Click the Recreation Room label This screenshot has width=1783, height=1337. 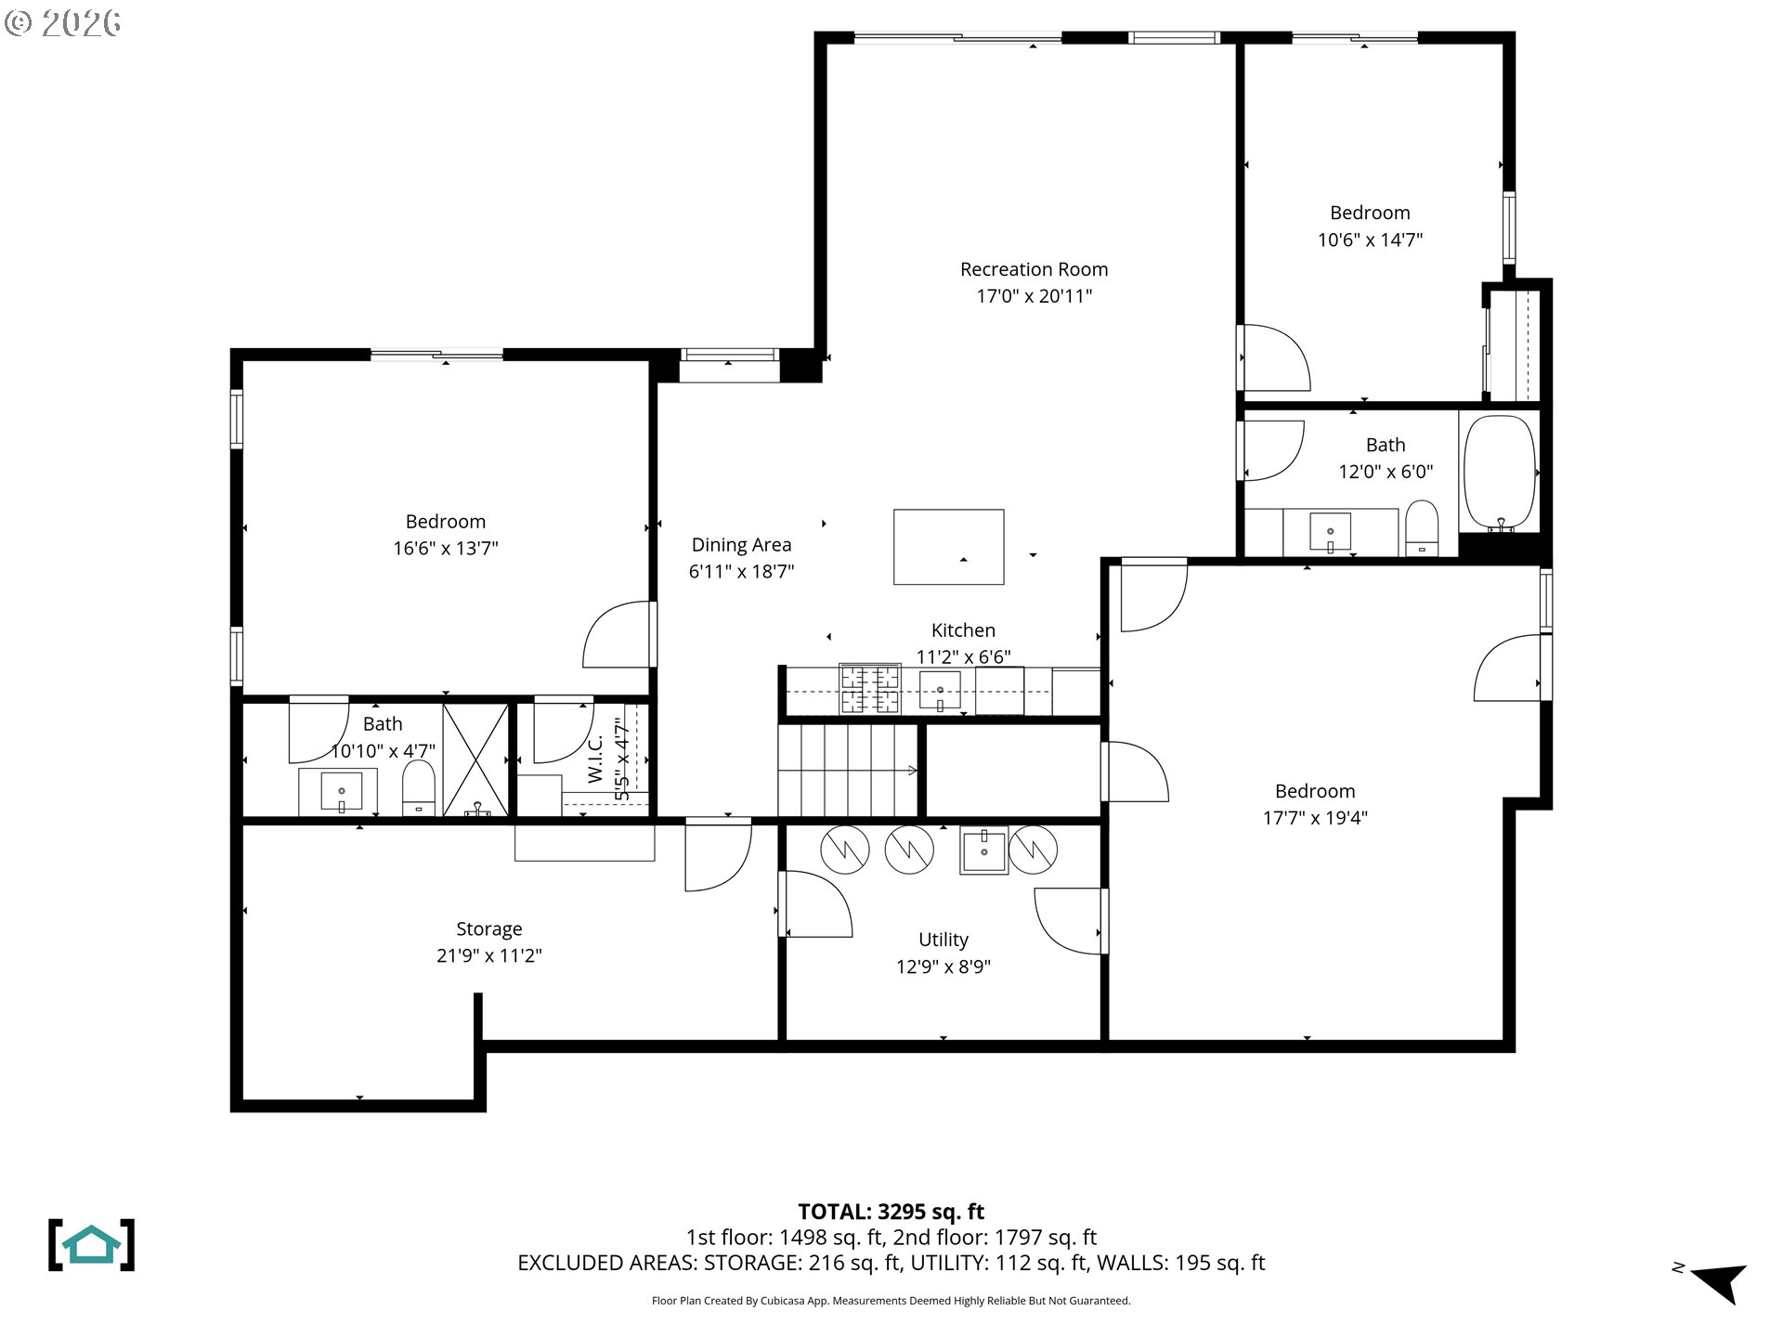[1034, 269]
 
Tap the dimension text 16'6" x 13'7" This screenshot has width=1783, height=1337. [445, 549]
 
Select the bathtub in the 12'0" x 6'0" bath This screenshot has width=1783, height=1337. [1499, 473]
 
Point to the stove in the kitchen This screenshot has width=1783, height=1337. [870, 689]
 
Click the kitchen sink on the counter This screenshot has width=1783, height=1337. [940, 691]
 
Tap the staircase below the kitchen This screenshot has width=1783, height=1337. [847, 771]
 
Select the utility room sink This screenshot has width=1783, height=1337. [983, 850]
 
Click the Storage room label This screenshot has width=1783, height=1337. [488, 929]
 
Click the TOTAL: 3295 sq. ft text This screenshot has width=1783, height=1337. [891, 1212]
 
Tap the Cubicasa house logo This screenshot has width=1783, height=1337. [91, 1245]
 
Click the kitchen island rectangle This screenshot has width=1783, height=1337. [948, 547]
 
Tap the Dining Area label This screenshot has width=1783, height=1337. [741, 545]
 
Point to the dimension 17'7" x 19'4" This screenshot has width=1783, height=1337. [1314, 818]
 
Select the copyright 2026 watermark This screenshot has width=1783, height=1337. [63, 22]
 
